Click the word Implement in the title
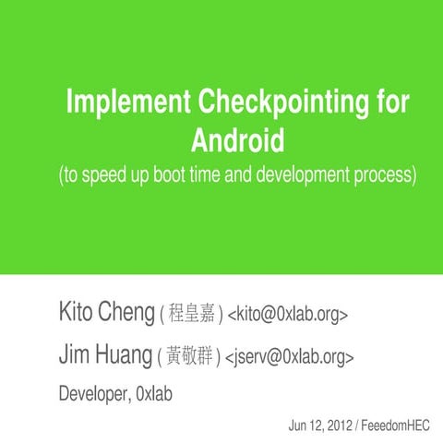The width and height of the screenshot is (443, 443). coord(120,103)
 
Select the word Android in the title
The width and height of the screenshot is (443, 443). coord(236,141)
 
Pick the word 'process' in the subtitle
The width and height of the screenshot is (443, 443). coord(388,174)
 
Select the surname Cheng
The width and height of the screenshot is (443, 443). coord(126,314)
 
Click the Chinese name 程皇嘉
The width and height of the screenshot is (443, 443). coord(192,315)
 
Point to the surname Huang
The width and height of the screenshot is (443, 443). coord(125,354)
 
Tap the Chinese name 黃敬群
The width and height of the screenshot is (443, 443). coord(192,355)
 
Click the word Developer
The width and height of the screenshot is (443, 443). coord(93,394)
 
